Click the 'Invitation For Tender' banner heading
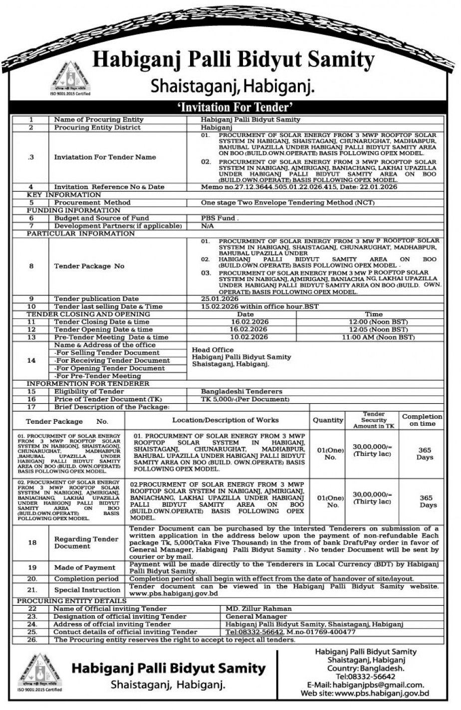(230, 107)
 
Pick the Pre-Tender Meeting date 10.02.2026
(245, 337)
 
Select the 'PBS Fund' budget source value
(220, 218)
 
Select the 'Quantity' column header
(328, 420)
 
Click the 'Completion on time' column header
(422, 420)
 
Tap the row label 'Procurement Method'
(92, 203)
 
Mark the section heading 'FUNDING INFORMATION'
(63, 210)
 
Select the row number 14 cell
(31, 360)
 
